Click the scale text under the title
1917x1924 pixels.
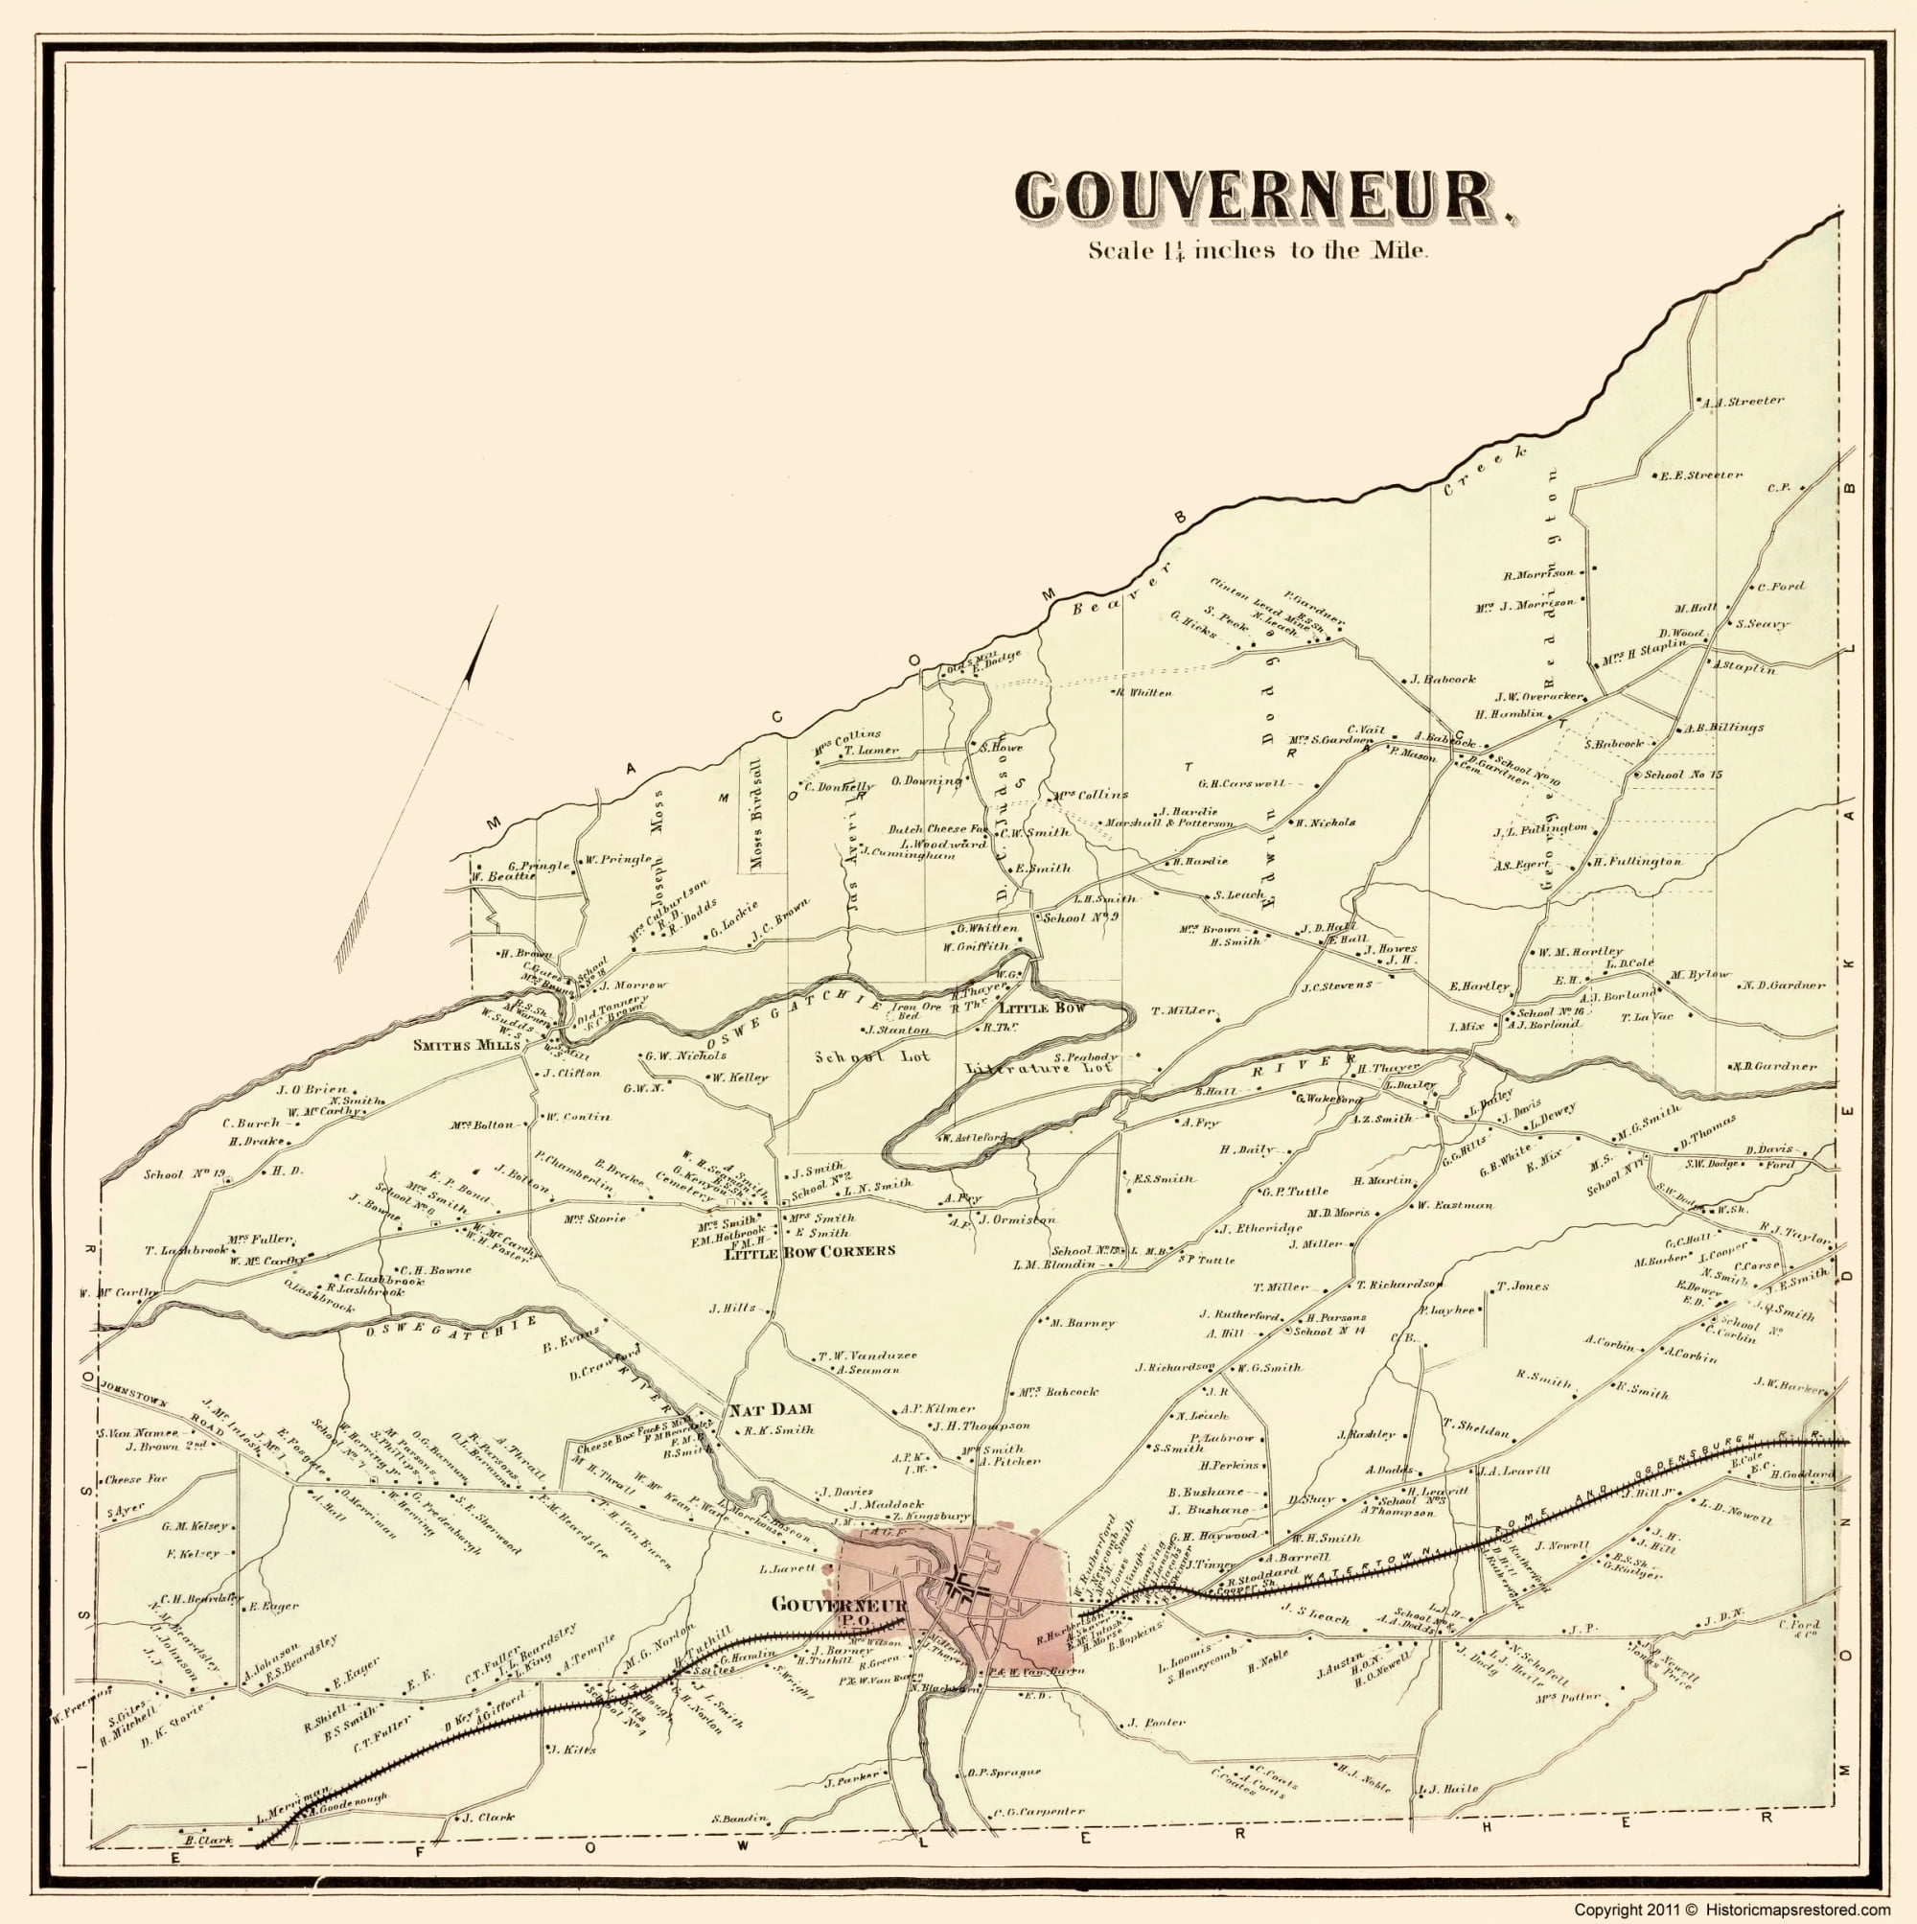[1259, 251]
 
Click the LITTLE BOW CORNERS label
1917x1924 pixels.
[809, 1251]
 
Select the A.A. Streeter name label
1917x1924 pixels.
[1743, 403]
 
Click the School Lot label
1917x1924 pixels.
[871, 1055]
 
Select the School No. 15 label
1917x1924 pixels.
[1683, 774]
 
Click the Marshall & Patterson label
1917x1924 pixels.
[1169, 823]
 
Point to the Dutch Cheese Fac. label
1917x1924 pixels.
[937, 828]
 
